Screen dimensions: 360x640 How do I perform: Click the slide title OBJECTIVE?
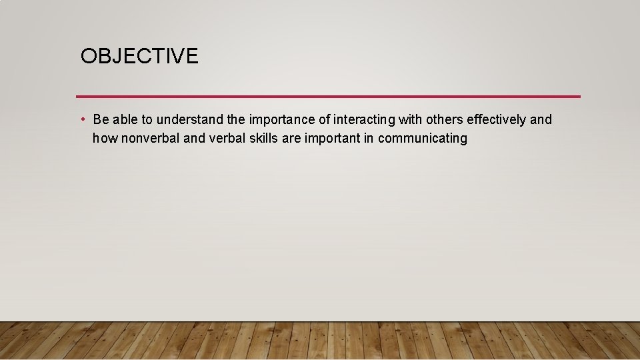click(x=139, y=56)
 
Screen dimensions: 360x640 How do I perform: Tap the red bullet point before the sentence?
click(x=81, y=119)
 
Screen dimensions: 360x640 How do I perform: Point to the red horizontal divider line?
click(x=328, y=96)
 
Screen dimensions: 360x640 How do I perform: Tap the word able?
click(x=125, y=120)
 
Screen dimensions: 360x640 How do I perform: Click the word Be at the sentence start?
click(x=101, y=120)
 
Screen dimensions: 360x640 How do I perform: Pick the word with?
click(x=410, y=120)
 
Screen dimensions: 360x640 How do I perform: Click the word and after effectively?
click(x=541, y=120)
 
